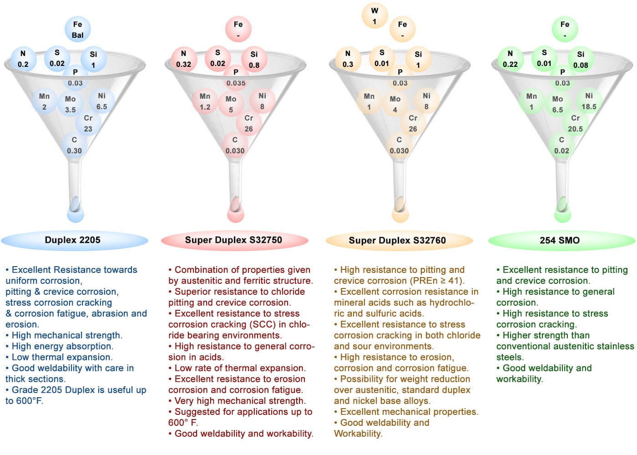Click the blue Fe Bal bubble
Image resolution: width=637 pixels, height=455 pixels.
coord(78,29)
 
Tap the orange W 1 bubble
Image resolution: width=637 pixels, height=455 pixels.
coord(374,15)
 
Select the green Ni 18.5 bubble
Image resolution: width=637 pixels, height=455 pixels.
coord(589,101)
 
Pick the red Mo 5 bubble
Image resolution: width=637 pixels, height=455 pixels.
coord(231,104)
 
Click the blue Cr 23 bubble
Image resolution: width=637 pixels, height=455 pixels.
coord(88,123)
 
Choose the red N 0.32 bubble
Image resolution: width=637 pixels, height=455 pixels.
coord(184,59)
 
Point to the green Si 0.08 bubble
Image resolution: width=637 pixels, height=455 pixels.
coord(581,59)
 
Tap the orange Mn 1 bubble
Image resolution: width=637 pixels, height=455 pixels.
coord(369,101)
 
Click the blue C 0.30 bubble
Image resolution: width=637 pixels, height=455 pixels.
coord(74,145)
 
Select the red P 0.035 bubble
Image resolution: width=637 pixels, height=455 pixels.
coord(236,77)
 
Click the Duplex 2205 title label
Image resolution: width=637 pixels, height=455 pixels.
coord(72,240)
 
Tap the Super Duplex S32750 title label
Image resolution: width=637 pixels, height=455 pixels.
coord(233,240)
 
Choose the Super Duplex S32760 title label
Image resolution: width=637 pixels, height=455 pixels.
coord(397,240)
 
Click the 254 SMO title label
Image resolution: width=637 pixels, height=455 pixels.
coord(560,240)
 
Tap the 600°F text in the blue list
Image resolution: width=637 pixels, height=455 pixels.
coord(30,401)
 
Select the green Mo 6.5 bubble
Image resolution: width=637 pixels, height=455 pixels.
coord(557,104)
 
